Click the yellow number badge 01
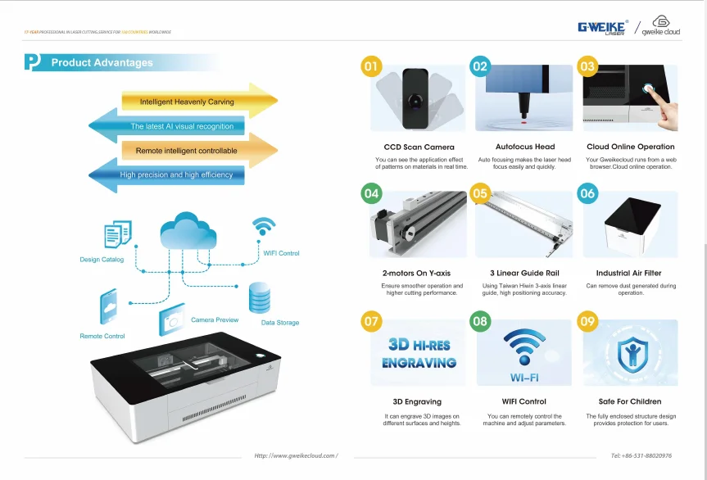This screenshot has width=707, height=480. (x=372, y=66)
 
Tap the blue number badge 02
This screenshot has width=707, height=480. (x=480, y=66)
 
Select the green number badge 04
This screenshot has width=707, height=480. (x=372, y=194)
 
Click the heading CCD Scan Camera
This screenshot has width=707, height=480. (x=419, y=147)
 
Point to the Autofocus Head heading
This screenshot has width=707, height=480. (x=525, y=147)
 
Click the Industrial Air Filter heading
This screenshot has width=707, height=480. (x=629, y=273)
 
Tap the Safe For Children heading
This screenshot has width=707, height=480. (x=629, y=401)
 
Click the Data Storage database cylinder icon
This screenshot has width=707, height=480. (x=259, y=300)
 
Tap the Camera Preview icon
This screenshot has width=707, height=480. (x=172, y=319)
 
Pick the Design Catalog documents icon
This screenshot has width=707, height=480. (x=117, y=235)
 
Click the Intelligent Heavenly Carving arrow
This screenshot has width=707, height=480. (x=197, y=102)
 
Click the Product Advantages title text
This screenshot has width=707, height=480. (x=102, y=63)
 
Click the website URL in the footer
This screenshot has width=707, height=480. (x=296, y=455)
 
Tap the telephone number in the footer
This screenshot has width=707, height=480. (x=641, y=455)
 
